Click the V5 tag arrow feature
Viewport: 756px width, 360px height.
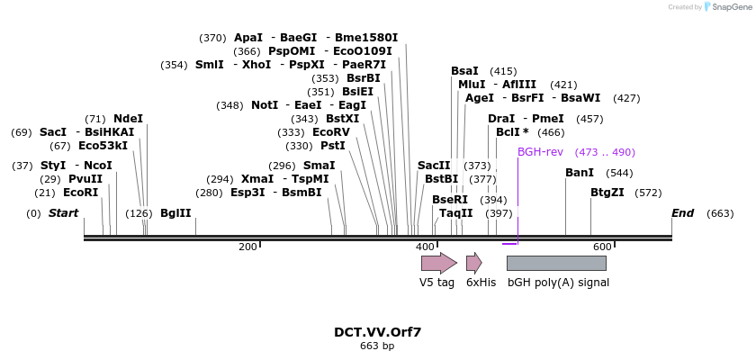(438, 263)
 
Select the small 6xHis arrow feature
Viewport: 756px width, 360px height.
(473, 263)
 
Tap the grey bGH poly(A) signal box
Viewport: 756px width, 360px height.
(556, 263)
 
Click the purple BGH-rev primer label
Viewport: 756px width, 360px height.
(540, 152)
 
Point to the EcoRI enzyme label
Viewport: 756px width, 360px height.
(80, 193)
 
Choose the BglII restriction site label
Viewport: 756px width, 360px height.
(175, 213)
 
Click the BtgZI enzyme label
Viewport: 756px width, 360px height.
(607, 193)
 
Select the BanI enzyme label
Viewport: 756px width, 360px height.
(580, 173)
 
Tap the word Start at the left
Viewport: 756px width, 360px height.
(63, 213)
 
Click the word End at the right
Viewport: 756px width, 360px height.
(683, 213)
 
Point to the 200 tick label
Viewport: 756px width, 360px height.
(247, 247)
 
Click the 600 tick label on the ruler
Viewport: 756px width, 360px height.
(602, 247)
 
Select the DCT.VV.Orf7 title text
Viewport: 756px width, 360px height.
(377, 331)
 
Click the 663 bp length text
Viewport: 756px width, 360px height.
(377, 346)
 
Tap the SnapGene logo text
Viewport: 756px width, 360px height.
(730, 7)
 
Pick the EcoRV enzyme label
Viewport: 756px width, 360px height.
(330, 132)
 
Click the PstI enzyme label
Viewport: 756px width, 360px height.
(333, 146)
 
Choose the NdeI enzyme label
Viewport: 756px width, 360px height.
(128, 119)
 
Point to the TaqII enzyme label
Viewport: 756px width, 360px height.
(455, 213)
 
